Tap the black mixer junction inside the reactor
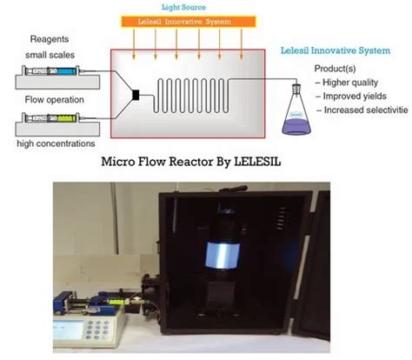136,95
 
